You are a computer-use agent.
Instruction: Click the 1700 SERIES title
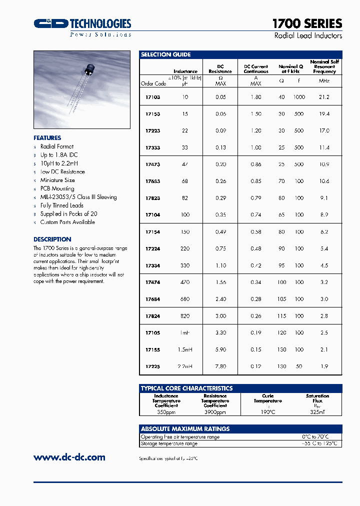(x=307, y=23)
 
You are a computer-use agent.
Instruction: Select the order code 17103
(x=152, y=97)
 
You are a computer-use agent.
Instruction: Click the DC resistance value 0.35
(x=220, y=214)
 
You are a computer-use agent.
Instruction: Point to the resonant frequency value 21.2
(x=324, y=97)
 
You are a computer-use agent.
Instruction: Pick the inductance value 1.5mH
(x=184, y=349)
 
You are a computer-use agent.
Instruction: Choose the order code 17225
(x=152, y=366)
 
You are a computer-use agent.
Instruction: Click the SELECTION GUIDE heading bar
(x=240, y=54)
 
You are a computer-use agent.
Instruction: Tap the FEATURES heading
(x=47, y=138)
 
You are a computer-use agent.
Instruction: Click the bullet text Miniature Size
(x=57, y=180)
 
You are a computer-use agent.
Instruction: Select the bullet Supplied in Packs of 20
(x=68, y=213)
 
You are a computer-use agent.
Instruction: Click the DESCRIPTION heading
(x=52, y=239)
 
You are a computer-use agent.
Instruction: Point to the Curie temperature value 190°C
(x=267, y=412)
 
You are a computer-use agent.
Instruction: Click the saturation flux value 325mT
(x=317, y=412)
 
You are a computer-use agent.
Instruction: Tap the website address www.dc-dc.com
(x=69, y=457)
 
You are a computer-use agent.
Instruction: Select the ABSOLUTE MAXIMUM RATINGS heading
(x=185, y=428)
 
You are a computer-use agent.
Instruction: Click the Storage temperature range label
(x=169, y=443)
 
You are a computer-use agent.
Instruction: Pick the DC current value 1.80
(x=256, y=97)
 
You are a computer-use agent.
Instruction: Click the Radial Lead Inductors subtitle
(x=308, y=36)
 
